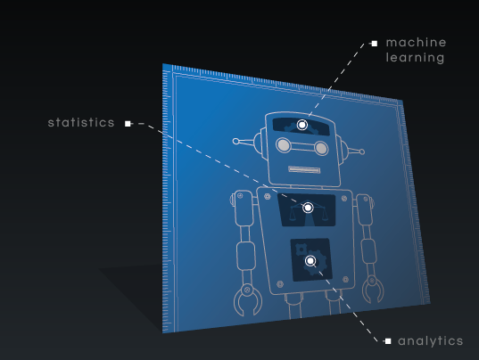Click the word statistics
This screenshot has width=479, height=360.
pyautogui.click(x=81, y=123)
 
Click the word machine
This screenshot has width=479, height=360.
pyautogui.click(x=416, y=43)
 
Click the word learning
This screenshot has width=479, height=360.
pyautogui.click(x=415, y=58)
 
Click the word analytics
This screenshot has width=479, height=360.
pyautogui.click(x=431, y=341)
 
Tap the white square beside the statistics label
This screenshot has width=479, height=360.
pyautogui.click(x=128, y=124)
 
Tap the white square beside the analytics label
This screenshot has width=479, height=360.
pyautogui.click(x=388, y=341)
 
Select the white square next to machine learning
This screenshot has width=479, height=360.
pyautogui.click(x=375, y=44)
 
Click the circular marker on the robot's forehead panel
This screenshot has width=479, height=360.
pyautogui.click(x=302, y=125)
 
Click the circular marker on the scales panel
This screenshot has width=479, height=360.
pyautogui.click(x=308, y=208)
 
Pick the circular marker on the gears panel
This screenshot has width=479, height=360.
pyautogui.click(x=310, y=261)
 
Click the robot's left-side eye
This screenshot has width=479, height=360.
pyautogui.click(x=284, y=145)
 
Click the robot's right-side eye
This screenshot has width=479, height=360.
pyautogui.click(x=321, y=148)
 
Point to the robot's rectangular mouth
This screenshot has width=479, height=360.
pyautogui.click(x=304, y=169)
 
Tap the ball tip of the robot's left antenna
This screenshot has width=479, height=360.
pyautogui.click(x=235, y=142)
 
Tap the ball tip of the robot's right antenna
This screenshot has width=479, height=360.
pyautogui.click(x=362, y=151)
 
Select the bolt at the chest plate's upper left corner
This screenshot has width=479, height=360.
pyautogui.click(x=267, y=196)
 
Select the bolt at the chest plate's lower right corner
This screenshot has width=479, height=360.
pyautogui.click(x=345, y=279)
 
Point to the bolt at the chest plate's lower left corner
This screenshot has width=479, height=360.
pyautogui.click(x=280, y=284)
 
